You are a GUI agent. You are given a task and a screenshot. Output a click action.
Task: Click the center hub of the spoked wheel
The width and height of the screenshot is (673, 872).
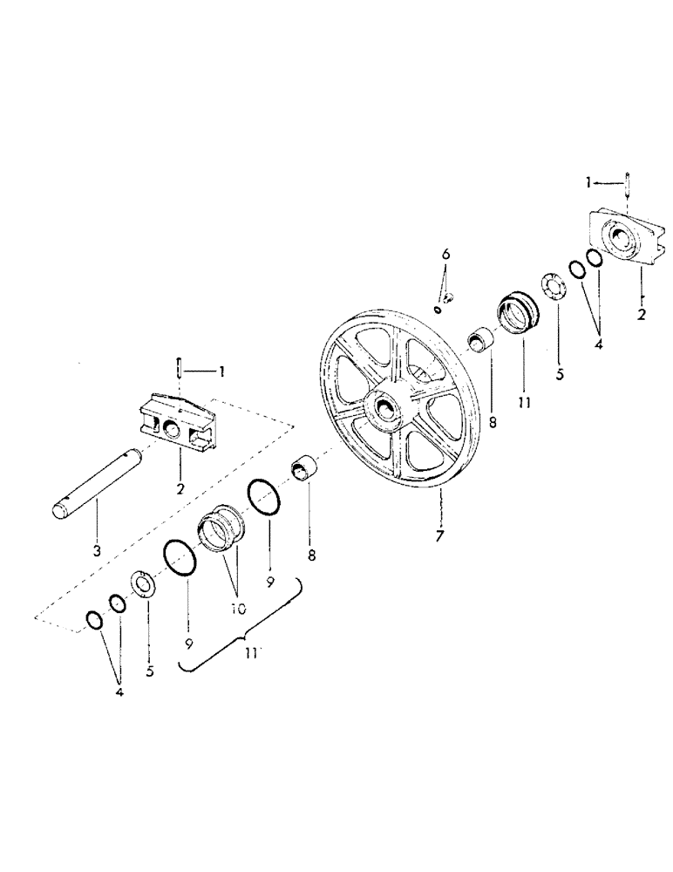pyautogui.click(x=385, y=407)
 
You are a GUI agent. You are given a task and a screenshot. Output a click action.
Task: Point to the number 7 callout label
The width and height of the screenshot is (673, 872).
pyautogui.click(x=438, y=535)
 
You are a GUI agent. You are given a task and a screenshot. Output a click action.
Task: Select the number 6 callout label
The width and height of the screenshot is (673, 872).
pyautogui.click(x=446, y=254)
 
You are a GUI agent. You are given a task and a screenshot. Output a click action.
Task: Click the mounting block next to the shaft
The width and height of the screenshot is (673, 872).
pyautogui.click(x=178, y=421)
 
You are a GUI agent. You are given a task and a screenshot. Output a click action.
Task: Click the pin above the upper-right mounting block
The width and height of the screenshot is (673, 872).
pyautogui.click(x=626, y=187)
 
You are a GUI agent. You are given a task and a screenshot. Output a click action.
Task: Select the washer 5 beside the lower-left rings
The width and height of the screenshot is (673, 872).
pyautogui.click(x=144, y=582)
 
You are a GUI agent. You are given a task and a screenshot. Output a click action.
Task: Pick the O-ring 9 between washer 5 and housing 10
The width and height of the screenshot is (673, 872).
pyautogui.click(x=179, y=558)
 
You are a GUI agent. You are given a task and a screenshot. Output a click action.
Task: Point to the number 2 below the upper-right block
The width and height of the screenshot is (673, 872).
pyautogui.click(x=642, y=315)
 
